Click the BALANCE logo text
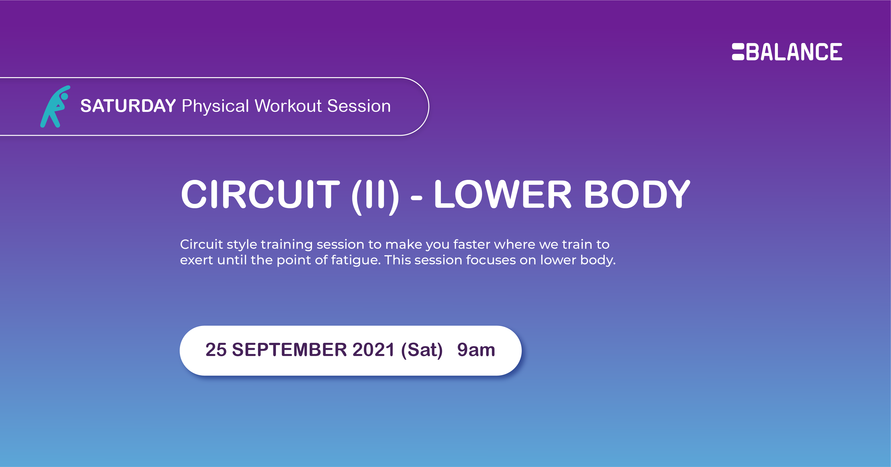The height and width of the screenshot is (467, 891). [794, 52]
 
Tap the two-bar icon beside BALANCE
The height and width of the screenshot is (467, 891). [738, 52]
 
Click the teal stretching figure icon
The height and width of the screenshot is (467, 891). [55, 106]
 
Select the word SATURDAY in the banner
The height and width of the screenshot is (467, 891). [128, 106]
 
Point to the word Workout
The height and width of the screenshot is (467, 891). [288, 106]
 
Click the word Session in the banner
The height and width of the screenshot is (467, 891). [359, 106]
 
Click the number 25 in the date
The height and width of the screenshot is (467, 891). [216, 350]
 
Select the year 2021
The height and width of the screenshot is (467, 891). [373, 350]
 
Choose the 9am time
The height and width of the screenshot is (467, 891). [476, 350]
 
